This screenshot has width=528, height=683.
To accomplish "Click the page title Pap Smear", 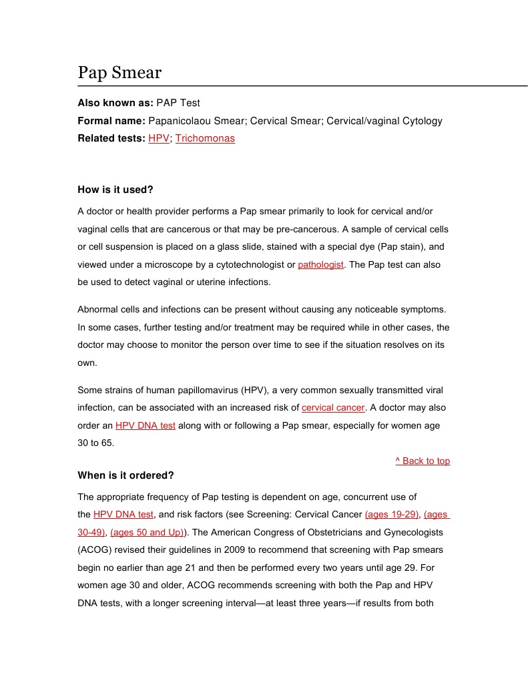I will pos(119,72).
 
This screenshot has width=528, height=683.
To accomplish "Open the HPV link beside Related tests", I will pos(159,139).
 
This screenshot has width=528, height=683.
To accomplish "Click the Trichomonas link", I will pos(205,139).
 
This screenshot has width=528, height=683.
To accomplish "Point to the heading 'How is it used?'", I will pos(115,190).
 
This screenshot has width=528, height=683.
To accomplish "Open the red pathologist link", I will pos(320,264).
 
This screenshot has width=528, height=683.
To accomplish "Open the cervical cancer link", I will pos(333,407).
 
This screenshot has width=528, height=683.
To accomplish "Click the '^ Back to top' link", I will pos(423,461).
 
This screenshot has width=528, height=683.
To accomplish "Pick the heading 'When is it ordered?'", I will pos(125,475).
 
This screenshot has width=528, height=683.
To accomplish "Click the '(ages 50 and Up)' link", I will pos(147,533).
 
